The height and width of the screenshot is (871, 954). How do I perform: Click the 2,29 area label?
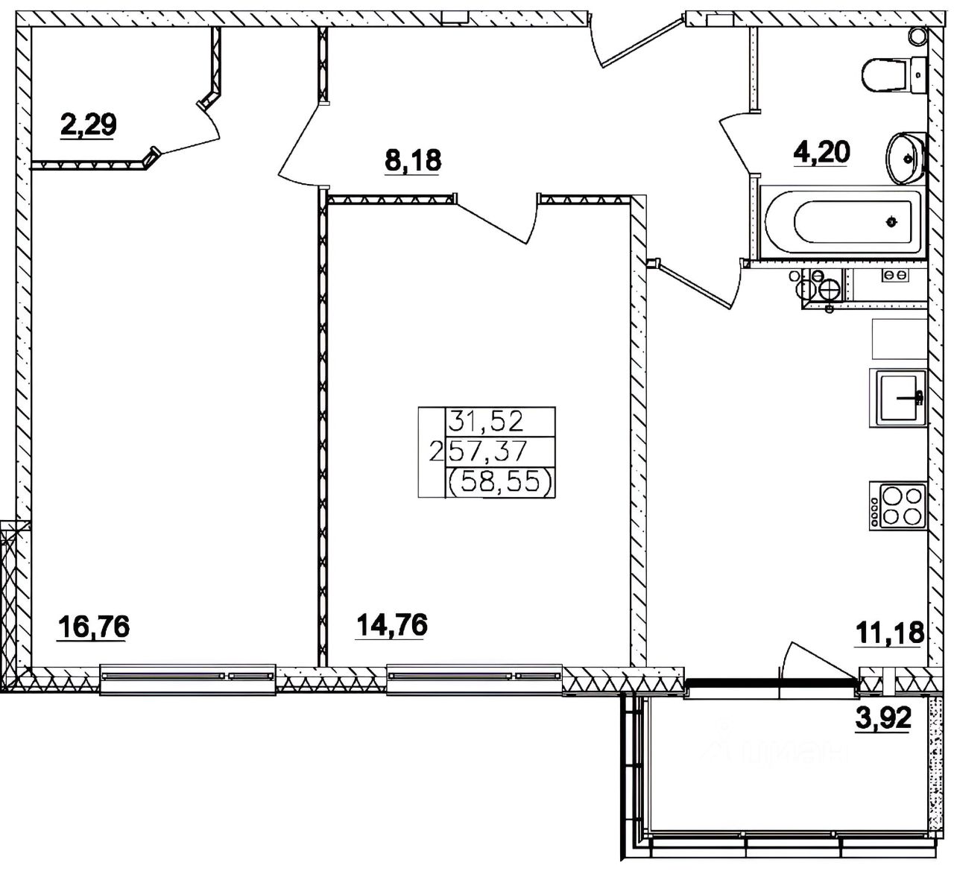[x=89, y=125]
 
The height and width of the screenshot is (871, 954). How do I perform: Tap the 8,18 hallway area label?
[x=413, y=160]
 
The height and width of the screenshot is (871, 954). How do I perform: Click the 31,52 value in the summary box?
[x=486, y=421]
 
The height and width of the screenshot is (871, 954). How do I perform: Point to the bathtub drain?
[x=891, y=221]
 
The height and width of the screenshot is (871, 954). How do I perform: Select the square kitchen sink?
[x=898, y=398]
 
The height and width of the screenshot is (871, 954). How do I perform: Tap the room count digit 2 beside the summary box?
[x=435, y=452]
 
